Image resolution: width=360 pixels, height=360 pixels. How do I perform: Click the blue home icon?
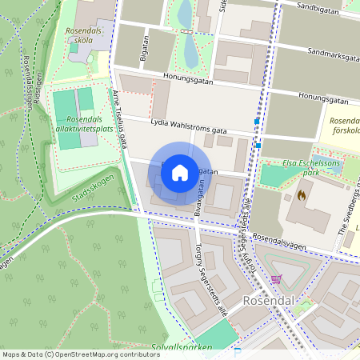(x=180, y=172)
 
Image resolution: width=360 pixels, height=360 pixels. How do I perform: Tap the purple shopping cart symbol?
(x=277, y=279)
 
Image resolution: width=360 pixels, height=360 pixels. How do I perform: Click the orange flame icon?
(x=302, y=194)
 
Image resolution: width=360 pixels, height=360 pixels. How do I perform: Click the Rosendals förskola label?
(x=345, y=126)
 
